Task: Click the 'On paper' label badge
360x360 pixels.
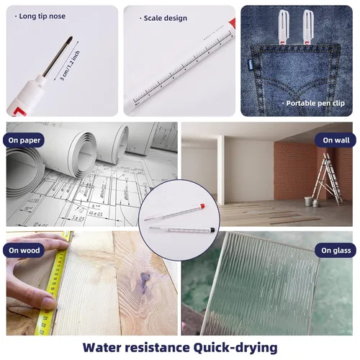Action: click(24, 140)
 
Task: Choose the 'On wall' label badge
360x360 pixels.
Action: click(336, 140)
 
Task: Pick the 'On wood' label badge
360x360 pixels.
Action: click(24, 251)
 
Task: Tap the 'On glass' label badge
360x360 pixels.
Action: click(336, 251)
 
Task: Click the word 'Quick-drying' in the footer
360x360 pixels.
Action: click(235, 348)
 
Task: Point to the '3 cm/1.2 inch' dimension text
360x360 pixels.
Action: click(70, 66)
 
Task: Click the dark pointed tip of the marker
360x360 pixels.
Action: click(70, 39)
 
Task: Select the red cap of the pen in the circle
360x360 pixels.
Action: click(202, 206)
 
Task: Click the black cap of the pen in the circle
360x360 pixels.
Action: click(212, 230)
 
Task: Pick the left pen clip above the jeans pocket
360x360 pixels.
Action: click(284, 27)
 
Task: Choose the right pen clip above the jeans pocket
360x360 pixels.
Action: click(308, 27)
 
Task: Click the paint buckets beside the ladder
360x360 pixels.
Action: click(311, 202)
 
